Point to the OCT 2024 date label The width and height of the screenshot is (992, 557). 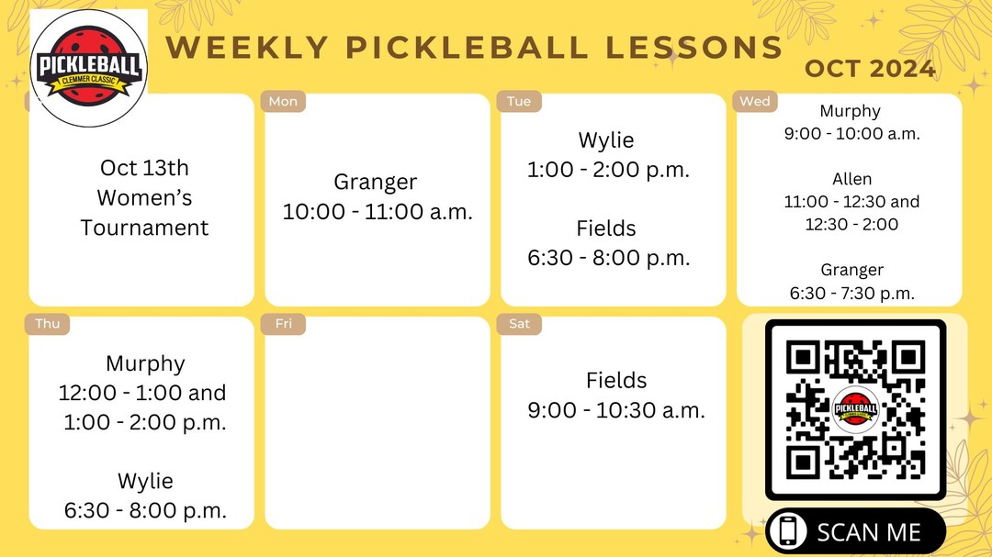[870, 69]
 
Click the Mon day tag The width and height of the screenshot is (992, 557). [283, 101]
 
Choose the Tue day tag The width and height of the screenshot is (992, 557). [519, 101]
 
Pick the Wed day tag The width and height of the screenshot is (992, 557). [755, 101]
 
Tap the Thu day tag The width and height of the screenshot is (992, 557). [47, 324]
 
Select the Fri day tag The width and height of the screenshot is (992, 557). [282, 324]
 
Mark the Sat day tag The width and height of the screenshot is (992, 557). [519, 324]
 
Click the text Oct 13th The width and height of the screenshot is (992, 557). [144, 169]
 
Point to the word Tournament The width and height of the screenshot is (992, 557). [144, 228]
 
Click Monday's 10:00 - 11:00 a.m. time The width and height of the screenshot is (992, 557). [378, 212]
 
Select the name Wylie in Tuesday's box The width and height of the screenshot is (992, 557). [606, 140]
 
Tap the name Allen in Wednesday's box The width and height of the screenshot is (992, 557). [851, 179]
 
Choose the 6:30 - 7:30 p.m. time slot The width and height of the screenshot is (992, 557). [851, 294]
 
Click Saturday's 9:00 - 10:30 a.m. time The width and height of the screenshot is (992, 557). [616, 410]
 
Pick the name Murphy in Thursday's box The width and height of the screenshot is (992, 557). [145, 363]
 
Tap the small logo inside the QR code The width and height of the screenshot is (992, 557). [855, 409]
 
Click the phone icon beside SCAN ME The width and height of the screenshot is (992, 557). [787, 532]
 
